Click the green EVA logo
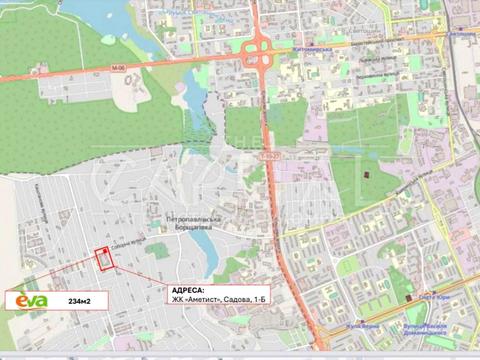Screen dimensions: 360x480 tap(30, 300)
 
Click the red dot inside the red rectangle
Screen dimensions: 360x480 tap(104, 252)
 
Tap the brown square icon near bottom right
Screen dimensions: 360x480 tap(411, 296)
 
